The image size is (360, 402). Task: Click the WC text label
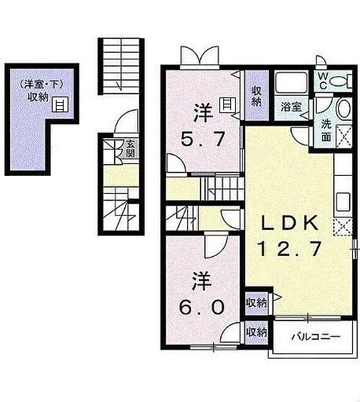click(x=322, y=79)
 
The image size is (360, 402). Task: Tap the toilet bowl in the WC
click(x=340, y=80)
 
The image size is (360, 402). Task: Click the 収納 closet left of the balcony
click(x=255, y=331)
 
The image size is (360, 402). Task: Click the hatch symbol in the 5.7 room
click(x=226, y=103)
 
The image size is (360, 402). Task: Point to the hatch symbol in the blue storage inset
click(x=60, y=103)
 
